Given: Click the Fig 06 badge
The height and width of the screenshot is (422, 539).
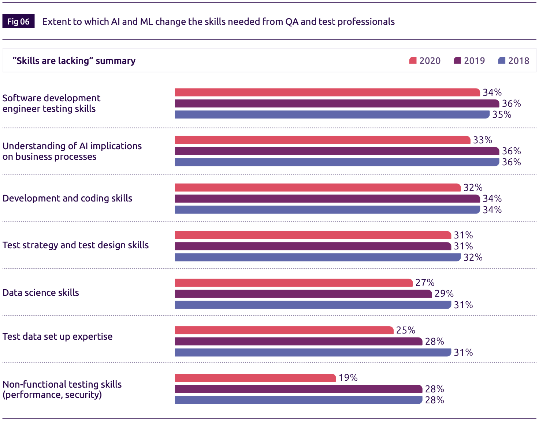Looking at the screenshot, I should [x=18, y=22].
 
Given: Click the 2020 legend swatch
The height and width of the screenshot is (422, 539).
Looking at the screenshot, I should [x=413, y=61].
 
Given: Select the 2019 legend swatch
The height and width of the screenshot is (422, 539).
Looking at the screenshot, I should [x=457, y=61].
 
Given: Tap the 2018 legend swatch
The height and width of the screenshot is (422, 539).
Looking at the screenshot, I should [x=502, y=61].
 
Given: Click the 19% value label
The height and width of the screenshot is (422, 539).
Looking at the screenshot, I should [x=348, y=378].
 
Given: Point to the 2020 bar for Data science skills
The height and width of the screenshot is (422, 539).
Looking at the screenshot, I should [x=294, y=283].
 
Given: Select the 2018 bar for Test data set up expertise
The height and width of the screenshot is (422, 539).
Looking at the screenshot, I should [x=313, y=353].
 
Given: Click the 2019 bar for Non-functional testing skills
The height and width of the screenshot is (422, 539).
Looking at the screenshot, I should [x=298, y=389].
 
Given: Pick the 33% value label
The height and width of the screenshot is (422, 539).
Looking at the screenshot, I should [x=482, y=140].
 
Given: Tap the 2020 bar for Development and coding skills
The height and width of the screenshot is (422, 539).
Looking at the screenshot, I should [x=317, y=188].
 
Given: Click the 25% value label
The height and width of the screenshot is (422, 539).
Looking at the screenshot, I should [x=405, y=330].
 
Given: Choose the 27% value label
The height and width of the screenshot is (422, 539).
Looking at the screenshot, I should [x=425, y=283].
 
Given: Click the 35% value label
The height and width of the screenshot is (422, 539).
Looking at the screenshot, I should [x=501, y=114].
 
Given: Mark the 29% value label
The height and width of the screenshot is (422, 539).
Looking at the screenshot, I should [x=444, y=294].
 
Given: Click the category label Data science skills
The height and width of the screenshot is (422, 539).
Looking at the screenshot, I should [x=41, y=293].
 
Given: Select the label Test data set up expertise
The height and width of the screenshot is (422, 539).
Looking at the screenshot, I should [x=57, y=336].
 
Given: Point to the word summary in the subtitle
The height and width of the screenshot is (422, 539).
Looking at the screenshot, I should [x=115, y=61].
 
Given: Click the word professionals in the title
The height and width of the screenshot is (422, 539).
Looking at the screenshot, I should [x=366, y=22].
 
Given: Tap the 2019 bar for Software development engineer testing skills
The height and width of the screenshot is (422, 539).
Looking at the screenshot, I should [x=337, y=103].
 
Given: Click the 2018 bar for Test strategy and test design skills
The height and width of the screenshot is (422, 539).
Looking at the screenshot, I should [x=317, y=257].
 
